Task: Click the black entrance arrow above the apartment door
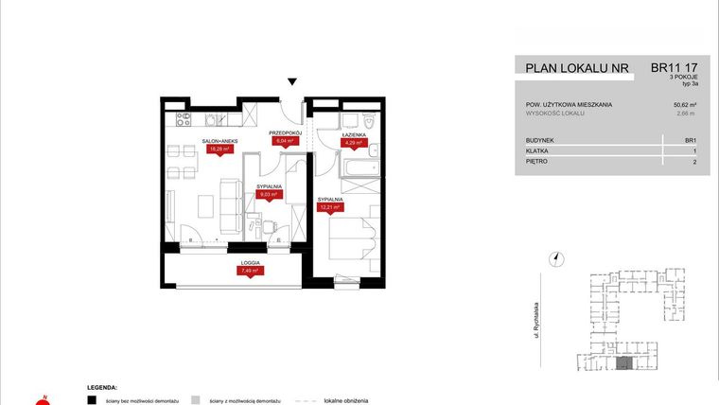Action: tap(292, 83)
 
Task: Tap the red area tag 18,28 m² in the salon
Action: tap(219, 149)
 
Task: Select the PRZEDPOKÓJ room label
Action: tap(284, 132)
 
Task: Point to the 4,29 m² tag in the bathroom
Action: tap(353, 144)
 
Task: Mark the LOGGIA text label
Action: tap(250, 262)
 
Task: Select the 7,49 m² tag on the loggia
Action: tap(250, 271)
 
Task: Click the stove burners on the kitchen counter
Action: tap(184, 119)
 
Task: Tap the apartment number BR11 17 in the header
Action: tap(675, 68)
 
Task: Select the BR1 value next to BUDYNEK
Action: tap(690, 139)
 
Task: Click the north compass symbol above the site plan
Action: tap(557, 256)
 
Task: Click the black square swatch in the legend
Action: tap(91, 400)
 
